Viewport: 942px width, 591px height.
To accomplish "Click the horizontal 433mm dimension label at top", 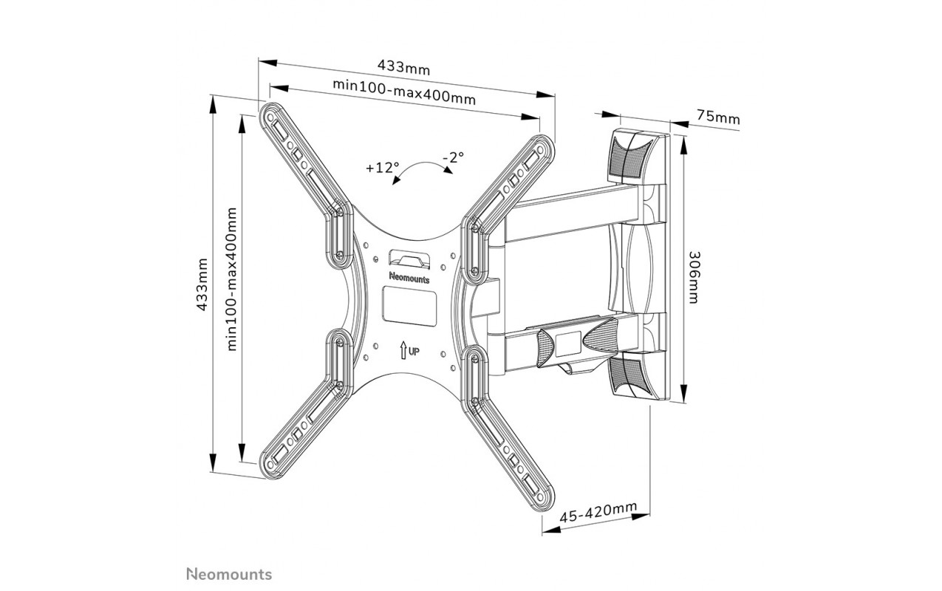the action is [403, 67].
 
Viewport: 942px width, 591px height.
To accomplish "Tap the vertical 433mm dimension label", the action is [202, 284].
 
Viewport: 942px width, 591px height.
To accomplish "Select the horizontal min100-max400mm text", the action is [404, 92].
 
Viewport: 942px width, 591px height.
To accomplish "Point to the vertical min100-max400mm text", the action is [232, 279].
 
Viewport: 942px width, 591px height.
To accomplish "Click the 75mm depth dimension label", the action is [718, 117].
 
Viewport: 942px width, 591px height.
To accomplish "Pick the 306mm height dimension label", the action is [694, 277].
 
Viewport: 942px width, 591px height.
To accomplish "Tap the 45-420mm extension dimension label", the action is [598, 513].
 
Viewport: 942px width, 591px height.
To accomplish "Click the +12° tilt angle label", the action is [382, 168].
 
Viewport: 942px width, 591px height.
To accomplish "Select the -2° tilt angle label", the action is [454, 157].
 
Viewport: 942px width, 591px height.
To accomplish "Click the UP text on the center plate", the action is [414, 351].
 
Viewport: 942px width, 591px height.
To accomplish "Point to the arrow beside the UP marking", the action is [403, 350].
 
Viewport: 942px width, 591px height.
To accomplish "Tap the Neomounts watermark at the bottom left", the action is [229, 574].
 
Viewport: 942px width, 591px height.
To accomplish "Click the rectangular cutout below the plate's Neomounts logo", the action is [409, 306].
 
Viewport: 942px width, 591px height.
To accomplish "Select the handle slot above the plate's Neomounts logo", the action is [409, 259].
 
